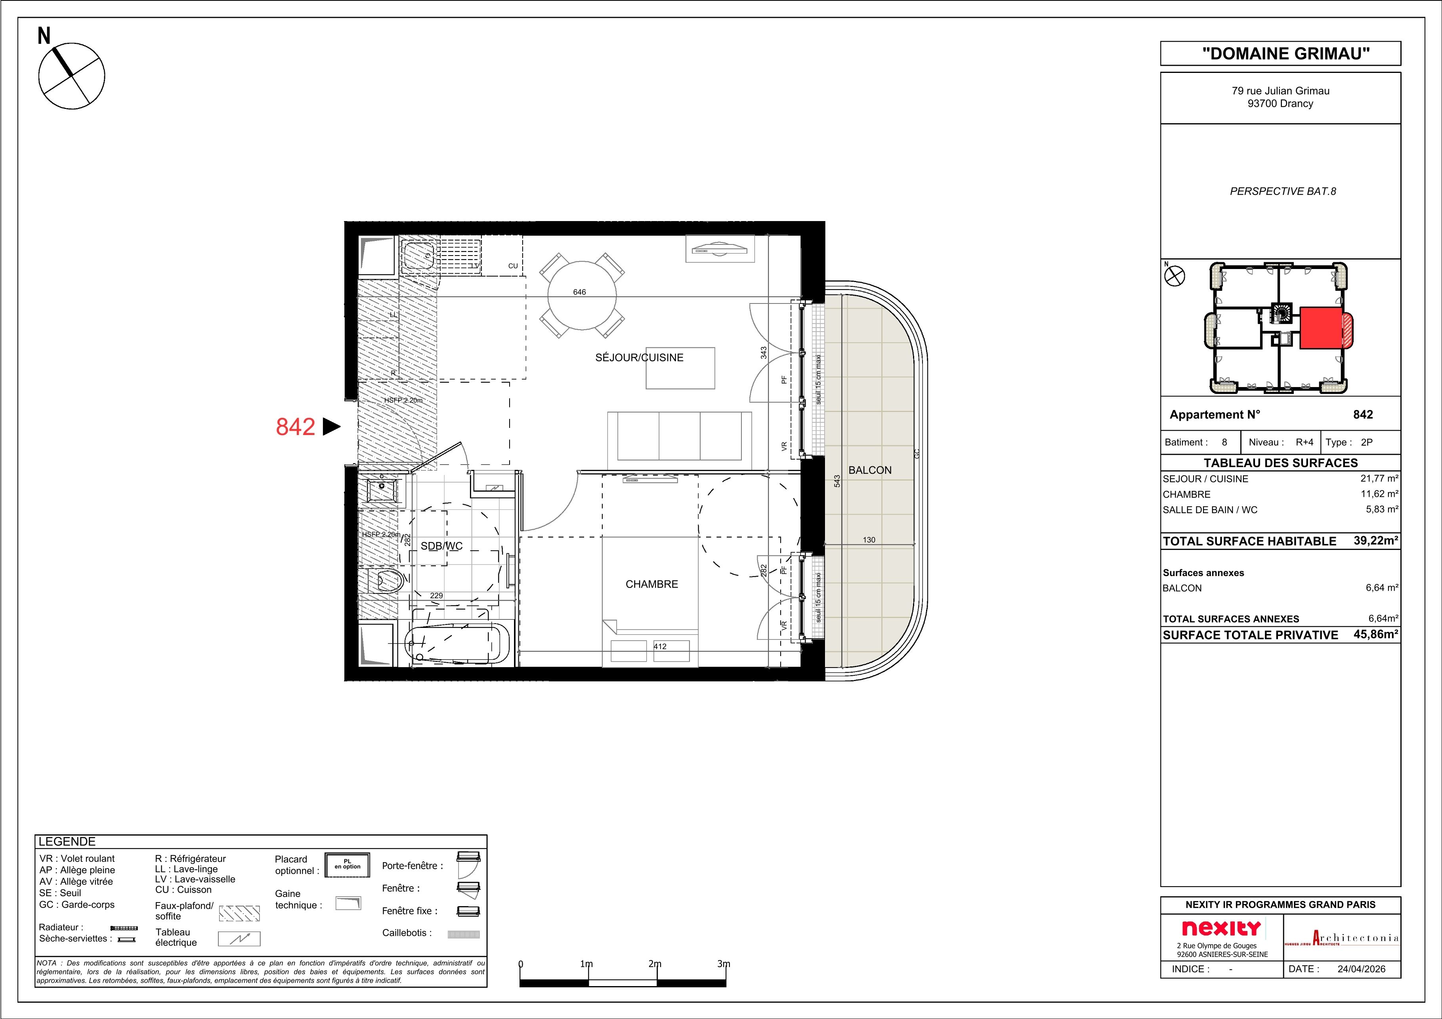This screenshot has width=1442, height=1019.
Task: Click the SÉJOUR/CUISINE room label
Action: point(639,358)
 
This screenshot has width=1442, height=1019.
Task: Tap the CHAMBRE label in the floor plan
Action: point(651,584)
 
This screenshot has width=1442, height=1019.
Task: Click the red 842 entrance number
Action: point(295,427)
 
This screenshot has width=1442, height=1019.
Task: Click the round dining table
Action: point(582,296)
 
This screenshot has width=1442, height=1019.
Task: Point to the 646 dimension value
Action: point(579,292)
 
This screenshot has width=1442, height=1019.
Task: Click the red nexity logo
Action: point(1221,928)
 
